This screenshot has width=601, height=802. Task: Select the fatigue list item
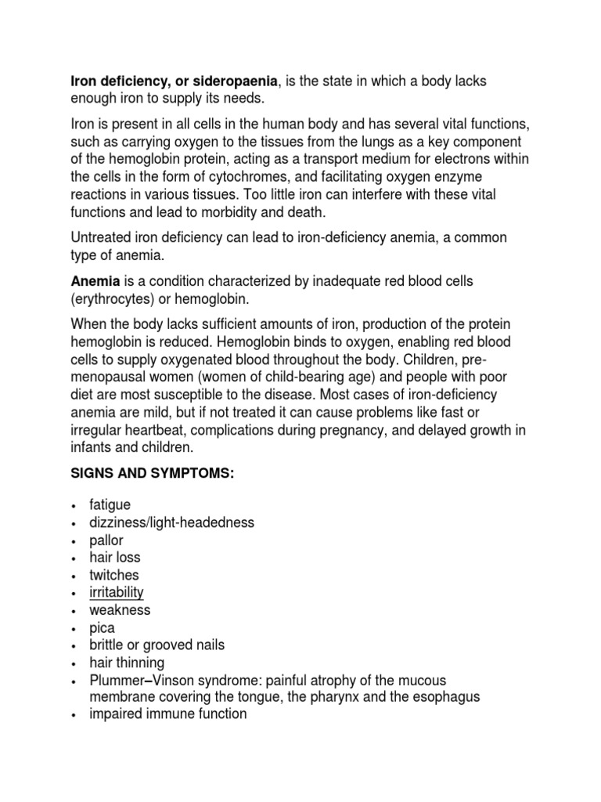pos(110,505)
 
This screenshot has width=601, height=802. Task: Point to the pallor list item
pos(107,540)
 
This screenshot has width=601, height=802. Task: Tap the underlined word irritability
pos(117,593)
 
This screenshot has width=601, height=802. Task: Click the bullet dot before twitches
pos(73,576)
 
